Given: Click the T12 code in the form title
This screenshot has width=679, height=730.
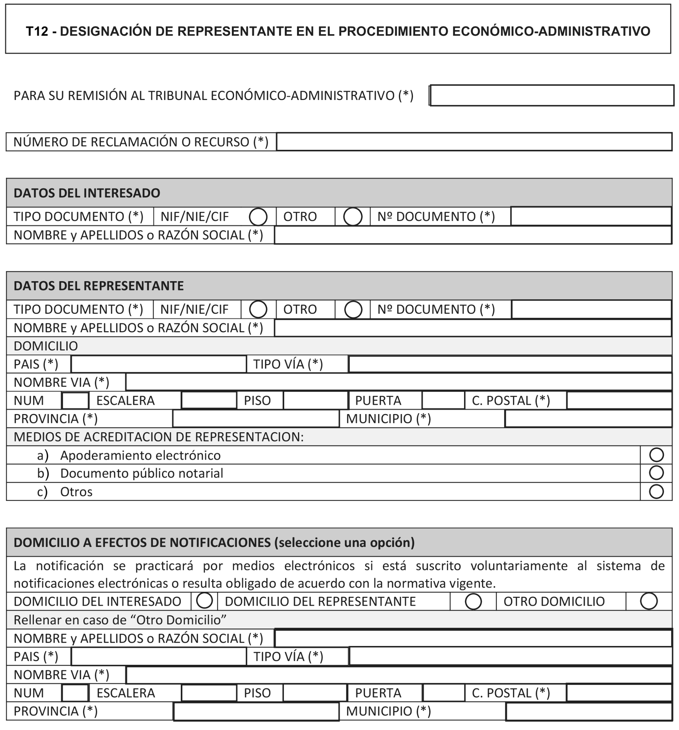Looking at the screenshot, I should point(37,31).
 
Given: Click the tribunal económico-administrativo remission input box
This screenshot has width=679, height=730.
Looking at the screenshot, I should point(552,96).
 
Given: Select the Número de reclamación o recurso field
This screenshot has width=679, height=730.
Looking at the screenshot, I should point(474,142).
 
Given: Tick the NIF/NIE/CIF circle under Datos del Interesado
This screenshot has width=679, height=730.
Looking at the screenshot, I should point(258,217).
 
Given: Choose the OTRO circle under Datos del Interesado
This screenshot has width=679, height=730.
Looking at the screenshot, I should point(353,217).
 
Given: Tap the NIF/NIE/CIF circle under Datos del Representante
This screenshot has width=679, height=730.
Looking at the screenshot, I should point(258,309).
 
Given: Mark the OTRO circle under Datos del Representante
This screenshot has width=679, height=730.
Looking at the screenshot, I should point(353,309).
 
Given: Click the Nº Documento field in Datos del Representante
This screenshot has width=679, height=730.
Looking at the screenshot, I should point(591,309).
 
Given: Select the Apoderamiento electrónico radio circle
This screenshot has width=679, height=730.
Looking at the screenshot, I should point(656,455).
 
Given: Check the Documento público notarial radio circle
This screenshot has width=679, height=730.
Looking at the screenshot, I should point(656,473).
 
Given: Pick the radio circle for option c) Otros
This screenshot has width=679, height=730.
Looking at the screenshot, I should point(656,492).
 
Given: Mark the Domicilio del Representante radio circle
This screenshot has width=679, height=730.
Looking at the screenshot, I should point(473,602).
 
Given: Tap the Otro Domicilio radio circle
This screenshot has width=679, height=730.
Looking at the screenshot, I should point(649,602).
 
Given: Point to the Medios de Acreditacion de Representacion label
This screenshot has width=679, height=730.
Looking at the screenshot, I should point(158,437).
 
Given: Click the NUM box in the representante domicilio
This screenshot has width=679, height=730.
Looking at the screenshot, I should point(75,401).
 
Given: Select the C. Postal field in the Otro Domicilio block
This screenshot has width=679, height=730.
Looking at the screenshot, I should point(619,693).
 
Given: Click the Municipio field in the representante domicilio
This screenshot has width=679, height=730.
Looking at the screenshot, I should point(588,419).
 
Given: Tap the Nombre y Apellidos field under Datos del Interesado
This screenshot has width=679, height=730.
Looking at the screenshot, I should point(473,235).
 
